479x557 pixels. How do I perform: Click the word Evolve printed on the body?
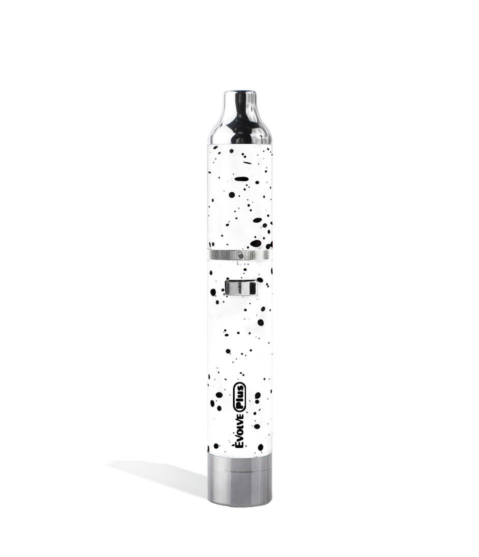point(239,429)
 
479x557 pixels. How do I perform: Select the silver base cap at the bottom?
point(239,480)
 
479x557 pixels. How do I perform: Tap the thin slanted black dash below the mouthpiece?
point(247,162)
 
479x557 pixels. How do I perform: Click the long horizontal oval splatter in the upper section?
point(241,179)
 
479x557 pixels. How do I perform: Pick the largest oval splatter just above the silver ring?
point(255,243)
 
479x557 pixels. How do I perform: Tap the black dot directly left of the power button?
point(213,292)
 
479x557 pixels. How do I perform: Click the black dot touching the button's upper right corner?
point(259,280)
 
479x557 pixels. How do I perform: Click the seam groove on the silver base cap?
point(239,469)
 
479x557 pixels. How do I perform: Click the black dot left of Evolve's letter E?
point(216,445)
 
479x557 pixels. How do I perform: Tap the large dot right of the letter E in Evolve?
point(260,446)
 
